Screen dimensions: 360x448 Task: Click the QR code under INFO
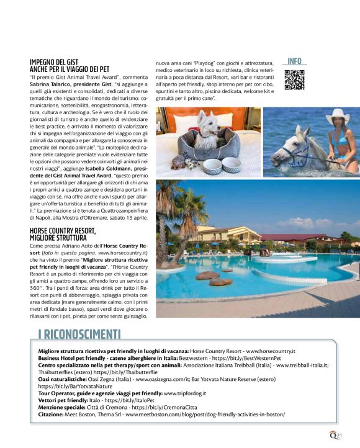pos(294,80)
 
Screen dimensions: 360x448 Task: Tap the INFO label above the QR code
pos(294,61)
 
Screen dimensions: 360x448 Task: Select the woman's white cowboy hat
pos(338,115)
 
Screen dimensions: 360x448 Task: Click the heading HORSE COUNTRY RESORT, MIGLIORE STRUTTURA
pos(63,233)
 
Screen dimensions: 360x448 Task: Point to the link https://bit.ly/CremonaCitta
pos(161,407)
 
